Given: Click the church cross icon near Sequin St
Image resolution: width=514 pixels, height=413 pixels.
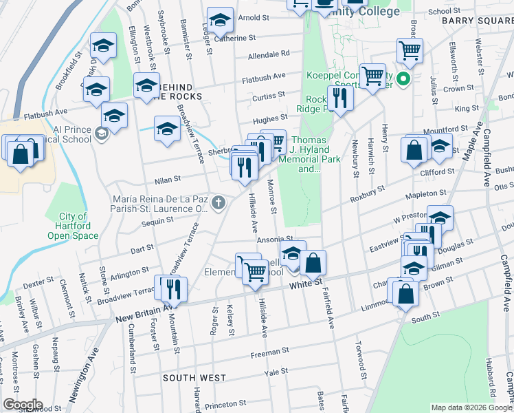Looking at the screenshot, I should pyautogui.click(x=219, y=202).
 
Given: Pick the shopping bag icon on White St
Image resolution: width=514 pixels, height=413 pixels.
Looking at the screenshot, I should pyautogui.click(x=313, y=263).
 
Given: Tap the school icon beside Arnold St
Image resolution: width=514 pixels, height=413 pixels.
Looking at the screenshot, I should pyautogui.click(x=221, y=21).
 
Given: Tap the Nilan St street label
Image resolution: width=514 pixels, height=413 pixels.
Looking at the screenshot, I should pyautogui.click(x=167, y=178).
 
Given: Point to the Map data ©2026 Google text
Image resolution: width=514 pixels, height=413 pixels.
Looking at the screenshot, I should pyautogui.click(x=471, y=407).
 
